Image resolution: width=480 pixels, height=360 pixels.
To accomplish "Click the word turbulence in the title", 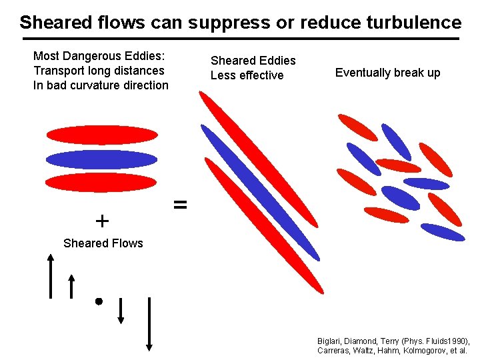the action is click(x=413, y=23).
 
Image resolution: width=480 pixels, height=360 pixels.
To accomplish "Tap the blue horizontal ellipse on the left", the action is click(x=101, y=159).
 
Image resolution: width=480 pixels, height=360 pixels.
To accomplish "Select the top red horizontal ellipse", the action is click(x=101, y=135).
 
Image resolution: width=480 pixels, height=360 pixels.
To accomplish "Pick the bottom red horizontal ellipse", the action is click(x=101, y=182).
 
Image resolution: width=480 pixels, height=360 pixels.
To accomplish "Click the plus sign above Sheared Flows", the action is click(x=102, y=220).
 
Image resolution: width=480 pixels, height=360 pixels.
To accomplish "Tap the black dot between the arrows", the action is click(x=98, y=301).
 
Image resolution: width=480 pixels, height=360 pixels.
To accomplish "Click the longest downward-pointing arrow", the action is click(x=149, y=324).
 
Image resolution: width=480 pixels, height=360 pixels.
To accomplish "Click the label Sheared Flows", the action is click(x=103, y=243).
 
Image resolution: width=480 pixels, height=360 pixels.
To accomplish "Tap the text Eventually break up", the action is click(x=387, y=73).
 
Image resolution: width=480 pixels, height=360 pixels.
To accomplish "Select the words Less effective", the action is click(x=247, y=75).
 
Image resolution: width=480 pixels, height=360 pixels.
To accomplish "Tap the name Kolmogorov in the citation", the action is click(x=417, y=350).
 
